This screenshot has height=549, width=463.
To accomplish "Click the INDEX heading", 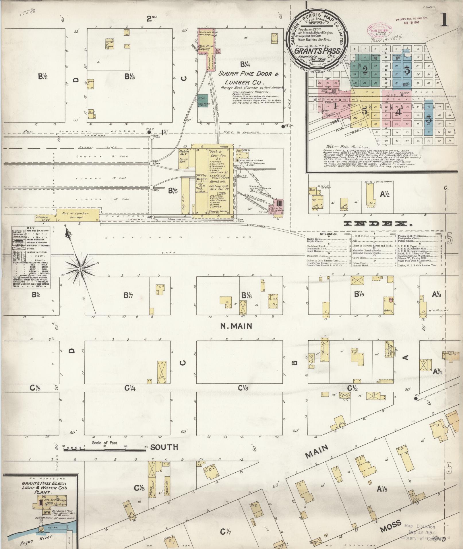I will click(x=378, y=224).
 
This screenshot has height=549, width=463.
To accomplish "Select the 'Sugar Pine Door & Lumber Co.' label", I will click(x=249, y=78).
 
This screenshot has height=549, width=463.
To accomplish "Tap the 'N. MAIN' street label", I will click(x=236, y=326).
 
